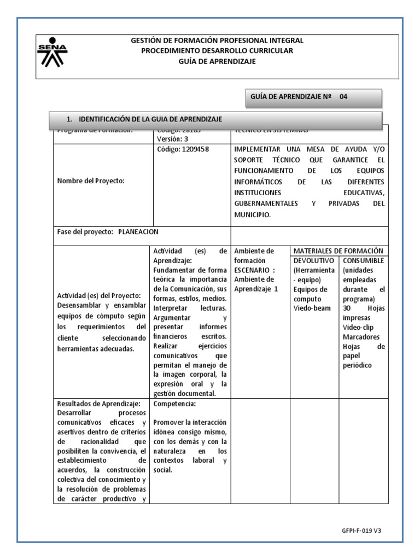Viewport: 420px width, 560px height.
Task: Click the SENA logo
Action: (52, 52)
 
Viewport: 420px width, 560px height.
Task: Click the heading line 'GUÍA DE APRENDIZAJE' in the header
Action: (217, 61)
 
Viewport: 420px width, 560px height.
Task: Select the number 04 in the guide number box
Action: (343, 97)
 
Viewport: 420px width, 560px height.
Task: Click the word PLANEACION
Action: (138, 231)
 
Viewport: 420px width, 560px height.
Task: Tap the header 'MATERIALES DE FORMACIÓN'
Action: (337, 250)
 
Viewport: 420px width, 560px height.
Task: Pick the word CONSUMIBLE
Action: (364, 260)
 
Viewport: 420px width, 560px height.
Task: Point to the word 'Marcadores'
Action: (361, 336)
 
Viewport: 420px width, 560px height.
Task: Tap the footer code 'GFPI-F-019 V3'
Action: (361, 530)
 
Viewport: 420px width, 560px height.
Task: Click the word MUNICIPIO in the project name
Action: (252, 215)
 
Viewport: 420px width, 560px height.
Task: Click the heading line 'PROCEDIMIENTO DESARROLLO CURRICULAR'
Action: (217, 51)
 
